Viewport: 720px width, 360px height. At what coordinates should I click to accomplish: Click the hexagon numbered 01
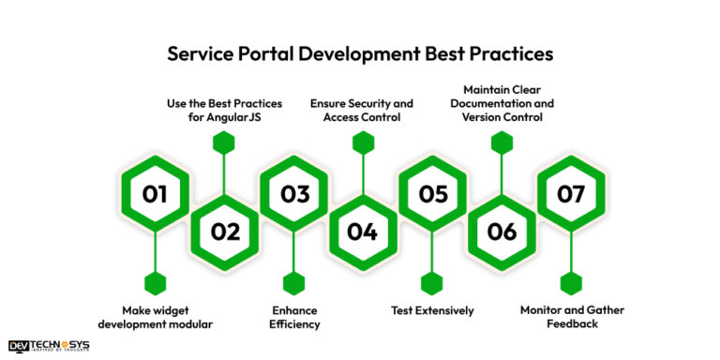click(155, 194)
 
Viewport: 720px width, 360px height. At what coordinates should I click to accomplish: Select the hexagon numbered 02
click(225, 232)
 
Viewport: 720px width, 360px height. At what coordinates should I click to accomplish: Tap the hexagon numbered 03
click(294, 194)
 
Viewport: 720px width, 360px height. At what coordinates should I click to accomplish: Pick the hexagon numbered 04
click(362, 232)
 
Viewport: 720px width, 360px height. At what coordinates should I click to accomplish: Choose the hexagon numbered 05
click(432, 194)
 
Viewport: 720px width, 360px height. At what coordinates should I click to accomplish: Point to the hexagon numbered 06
click(502, 232)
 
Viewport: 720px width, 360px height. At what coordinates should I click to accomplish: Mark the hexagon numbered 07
click(571, 194)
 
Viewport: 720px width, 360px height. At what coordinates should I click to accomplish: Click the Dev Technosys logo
click(49, 346)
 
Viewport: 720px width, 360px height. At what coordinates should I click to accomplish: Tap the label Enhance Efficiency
click(294, 317)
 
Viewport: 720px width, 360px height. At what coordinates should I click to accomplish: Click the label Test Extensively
click(432, 310)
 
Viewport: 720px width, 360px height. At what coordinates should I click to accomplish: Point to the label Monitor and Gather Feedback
click(571, 317)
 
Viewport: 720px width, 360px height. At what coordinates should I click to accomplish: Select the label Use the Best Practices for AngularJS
click(223, 111)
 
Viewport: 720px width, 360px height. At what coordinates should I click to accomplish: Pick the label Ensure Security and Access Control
click(362, 111)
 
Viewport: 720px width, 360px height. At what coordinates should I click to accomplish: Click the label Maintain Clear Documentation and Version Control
click(502, 103)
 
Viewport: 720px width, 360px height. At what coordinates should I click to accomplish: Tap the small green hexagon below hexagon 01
click(155, 282)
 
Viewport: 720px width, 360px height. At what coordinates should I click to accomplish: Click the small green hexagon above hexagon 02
click(223, 142)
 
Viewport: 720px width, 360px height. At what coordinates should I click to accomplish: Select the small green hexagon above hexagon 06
click(502, 142)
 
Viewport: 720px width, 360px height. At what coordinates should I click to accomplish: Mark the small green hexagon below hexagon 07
click(571, 282)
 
